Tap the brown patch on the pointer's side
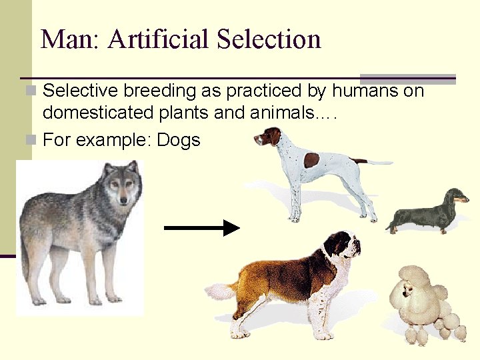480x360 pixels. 311,160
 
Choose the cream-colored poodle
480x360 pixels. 427,303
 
